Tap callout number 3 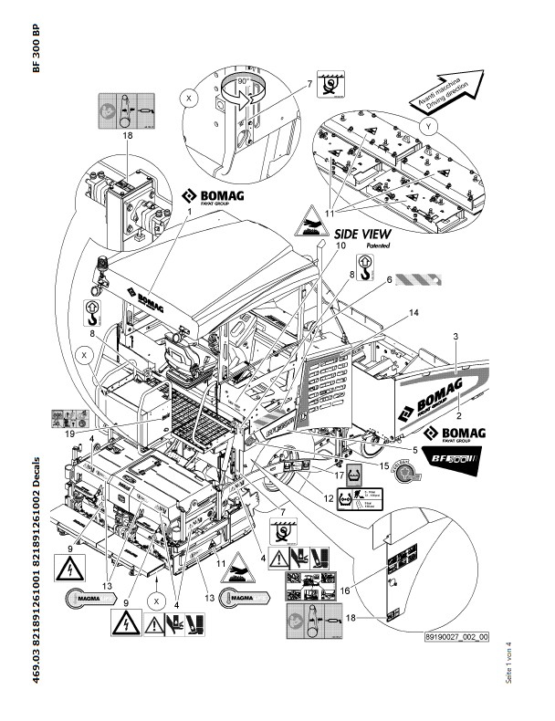[454, 338]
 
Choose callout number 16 [395, 590]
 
